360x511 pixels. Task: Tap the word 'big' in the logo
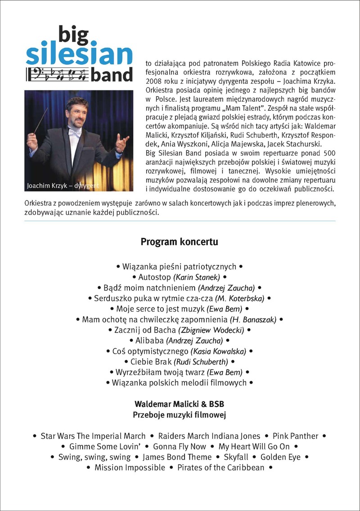pos(75,34)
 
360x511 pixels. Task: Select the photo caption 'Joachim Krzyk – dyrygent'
pos(63,185)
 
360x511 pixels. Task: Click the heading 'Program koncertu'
pos(180,242)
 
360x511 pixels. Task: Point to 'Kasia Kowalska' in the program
pos(219,351)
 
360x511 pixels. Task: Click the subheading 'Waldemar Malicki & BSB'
pos(180,403)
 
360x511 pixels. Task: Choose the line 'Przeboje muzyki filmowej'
pos(180,414)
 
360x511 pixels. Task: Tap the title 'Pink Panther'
pos(295,436)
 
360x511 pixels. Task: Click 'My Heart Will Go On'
pos(254,447)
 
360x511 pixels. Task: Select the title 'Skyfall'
pos(236,457)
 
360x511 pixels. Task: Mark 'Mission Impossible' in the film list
pos(130,468)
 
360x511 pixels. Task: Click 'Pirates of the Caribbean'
pos(221,468)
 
